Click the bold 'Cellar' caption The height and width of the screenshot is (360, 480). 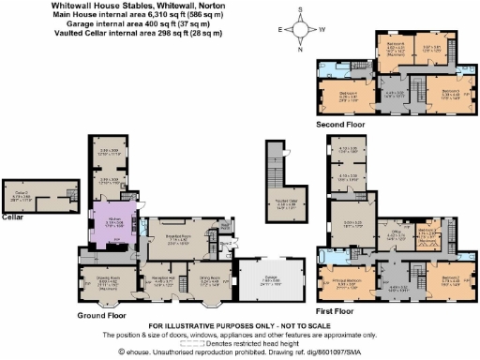pos(13,217)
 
